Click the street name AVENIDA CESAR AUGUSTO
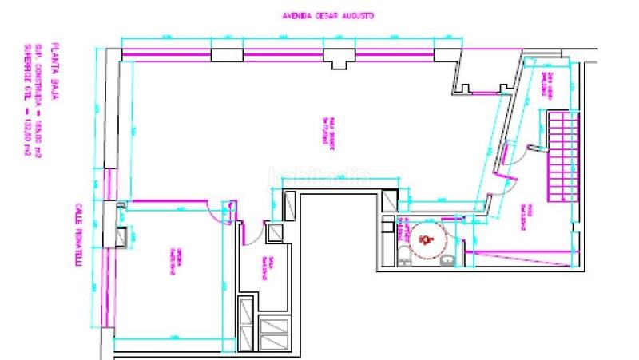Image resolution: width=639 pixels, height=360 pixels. (x=328, y=15)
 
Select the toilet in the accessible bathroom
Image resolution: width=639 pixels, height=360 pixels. (x=405, y=255)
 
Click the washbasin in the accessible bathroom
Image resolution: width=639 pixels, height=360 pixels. (x=448, y=258)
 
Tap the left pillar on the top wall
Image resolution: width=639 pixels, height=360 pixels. (x=226, y=54)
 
